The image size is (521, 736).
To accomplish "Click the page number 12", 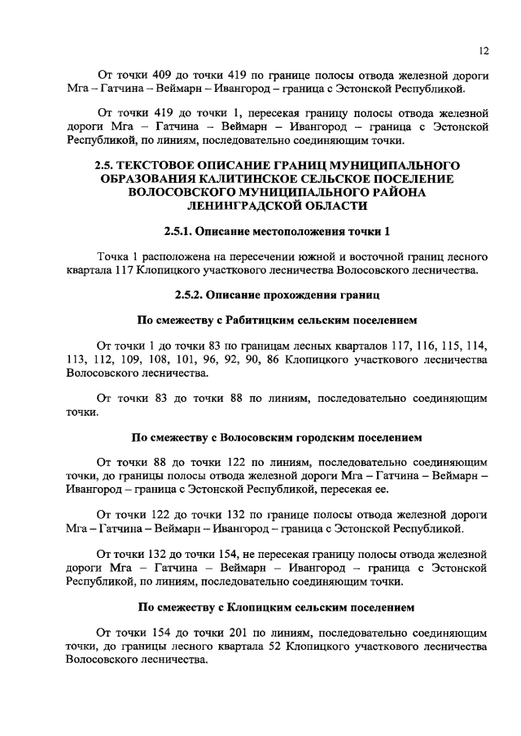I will coord(483,50).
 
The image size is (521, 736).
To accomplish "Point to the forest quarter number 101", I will coord(204,359).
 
